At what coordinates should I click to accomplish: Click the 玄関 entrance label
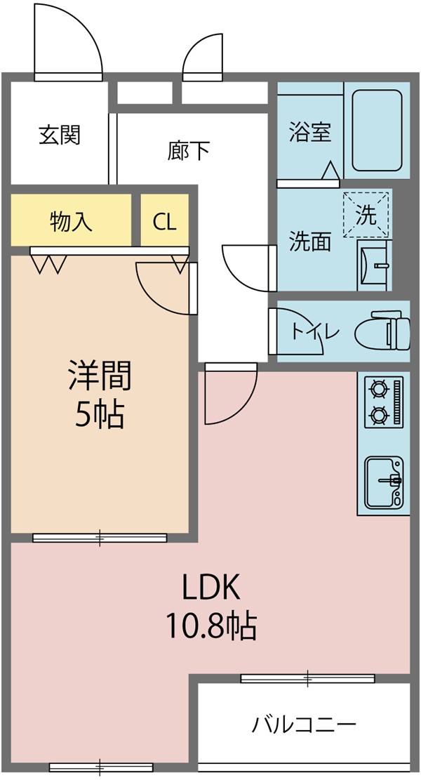pos(60,134)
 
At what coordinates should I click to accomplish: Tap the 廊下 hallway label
pos(188,150)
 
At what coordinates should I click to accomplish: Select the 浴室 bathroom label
pos(310,132)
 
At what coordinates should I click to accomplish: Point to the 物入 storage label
pos(71,222)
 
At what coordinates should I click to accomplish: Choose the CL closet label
pos(165,222)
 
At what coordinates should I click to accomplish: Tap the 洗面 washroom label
pos(310,242)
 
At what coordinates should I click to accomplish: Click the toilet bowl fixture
pos(382,331)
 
